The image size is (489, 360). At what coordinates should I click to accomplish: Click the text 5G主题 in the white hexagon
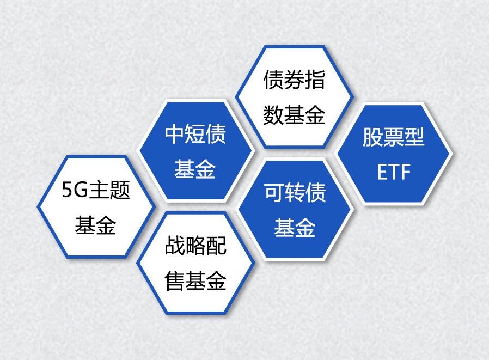click(x=96, y=190)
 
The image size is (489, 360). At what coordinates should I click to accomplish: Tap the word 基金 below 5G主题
click(x=95, y=225)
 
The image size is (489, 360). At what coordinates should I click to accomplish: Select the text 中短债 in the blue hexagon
click(x=195, y=134)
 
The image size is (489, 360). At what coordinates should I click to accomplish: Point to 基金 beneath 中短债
click(x=195, y=169)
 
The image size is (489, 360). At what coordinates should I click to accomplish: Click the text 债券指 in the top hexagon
click(x=295, y=80)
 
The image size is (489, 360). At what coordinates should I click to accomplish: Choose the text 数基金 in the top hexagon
click(x=295, y=115)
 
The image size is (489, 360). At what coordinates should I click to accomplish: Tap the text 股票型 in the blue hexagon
click(x=393, y=137)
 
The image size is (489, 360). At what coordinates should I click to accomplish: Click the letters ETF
click(x=394, y=172)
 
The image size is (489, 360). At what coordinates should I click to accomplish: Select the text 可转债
click(x=295, y=192)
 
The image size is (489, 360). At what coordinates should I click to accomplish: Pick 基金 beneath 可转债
click(x=295, y=228)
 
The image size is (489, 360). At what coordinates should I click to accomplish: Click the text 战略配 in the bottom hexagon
click(x=195, y=246)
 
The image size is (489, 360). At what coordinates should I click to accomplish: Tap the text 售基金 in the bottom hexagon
click(x=195, y=281)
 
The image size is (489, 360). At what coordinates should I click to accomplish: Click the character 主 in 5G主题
click(x=99, y=190)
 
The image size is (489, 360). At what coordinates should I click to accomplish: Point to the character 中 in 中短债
click(x=174, y=134)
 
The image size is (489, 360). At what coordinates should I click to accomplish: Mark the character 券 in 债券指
click(x=295, y=80)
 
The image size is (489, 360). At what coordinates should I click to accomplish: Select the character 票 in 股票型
click(x=393, y=137)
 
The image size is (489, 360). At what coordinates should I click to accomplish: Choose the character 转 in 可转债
click(x=295, y=192)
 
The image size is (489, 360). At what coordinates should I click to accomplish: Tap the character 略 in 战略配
click(x=195, y=246)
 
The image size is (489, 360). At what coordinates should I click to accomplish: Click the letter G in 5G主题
click(x=81, y=190)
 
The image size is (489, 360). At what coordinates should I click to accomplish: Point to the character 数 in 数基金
click(x=273, y=115)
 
